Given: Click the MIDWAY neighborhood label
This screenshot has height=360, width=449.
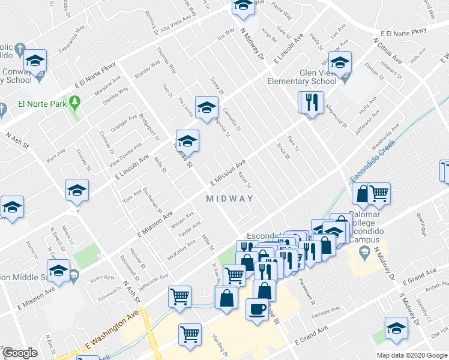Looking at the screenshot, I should click(x=229, y=199).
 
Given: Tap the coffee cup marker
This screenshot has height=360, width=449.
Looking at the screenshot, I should click(x=258, y=310).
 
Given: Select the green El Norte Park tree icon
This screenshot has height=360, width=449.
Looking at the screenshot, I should click(x=75, y=102).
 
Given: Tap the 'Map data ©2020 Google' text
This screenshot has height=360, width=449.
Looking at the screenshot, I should click(x=412, y=355).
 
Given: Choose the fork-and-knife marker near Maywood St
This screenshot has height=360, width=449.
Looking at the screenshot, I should click(x=312, y=102).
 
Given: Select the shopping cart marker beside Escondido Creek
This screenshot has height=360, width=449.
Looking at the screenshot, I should click(x=379, y=193).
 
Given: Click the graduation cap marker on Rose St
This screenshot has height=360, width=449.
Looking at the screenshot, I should click(x=187, y=141).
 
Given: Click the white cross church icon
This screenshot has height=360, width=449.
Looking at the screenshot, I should click(x=19, y=48).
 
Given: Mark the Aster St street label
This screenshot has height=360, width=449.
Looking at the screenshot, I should click(x=244, y=178).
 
